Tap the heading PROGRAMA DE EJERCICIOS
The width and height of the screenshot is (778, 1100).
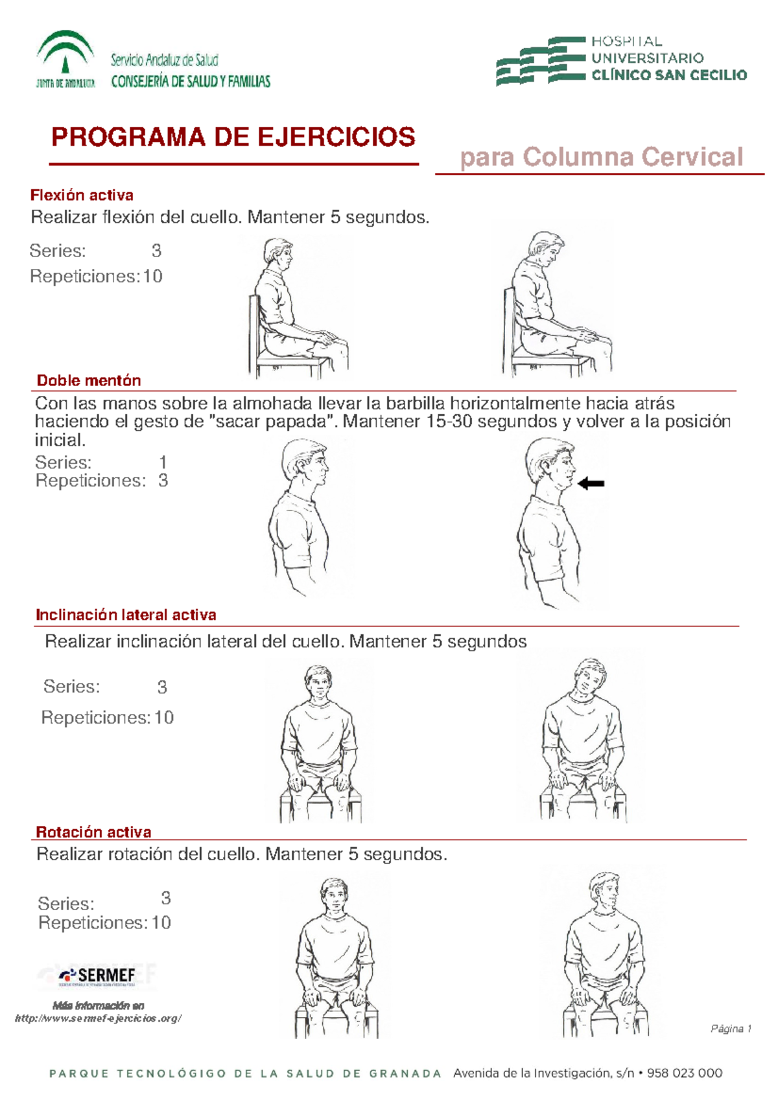tap(233, 137)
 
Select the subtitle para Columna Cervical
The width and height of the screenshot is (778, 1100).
tap(601, 157)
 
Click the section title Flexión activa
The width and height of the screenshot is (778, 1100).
tap(82, 195)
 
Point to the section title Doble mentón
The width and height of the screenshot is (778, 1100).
tap(89, 380)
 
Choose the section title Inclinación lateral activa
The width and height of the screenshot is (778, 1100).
tap(126, 615)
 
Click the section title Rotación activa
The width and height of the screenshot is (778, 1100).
tap(93, 832)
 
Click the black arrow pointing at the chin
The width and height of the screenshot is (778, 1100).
tap(591, 483)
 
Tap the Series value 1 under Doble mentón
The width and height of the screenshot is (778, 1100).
tap(163, 462)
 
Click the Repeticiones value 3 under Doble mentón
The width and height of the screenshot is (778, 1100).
tap(163, 481)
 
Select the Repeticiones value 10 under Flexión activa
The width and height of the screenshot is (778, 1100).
tap(152, 277)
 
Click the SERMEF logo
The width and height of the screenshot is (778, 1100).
tap(97, 976)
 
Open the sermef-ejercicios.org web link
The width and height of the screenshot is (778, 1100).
tap(98, 1018)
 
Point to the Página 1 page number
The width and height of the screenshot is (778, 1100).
tap(731, 1029)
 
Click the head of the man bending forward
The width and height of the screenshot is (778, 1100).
tap(545, 249)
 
